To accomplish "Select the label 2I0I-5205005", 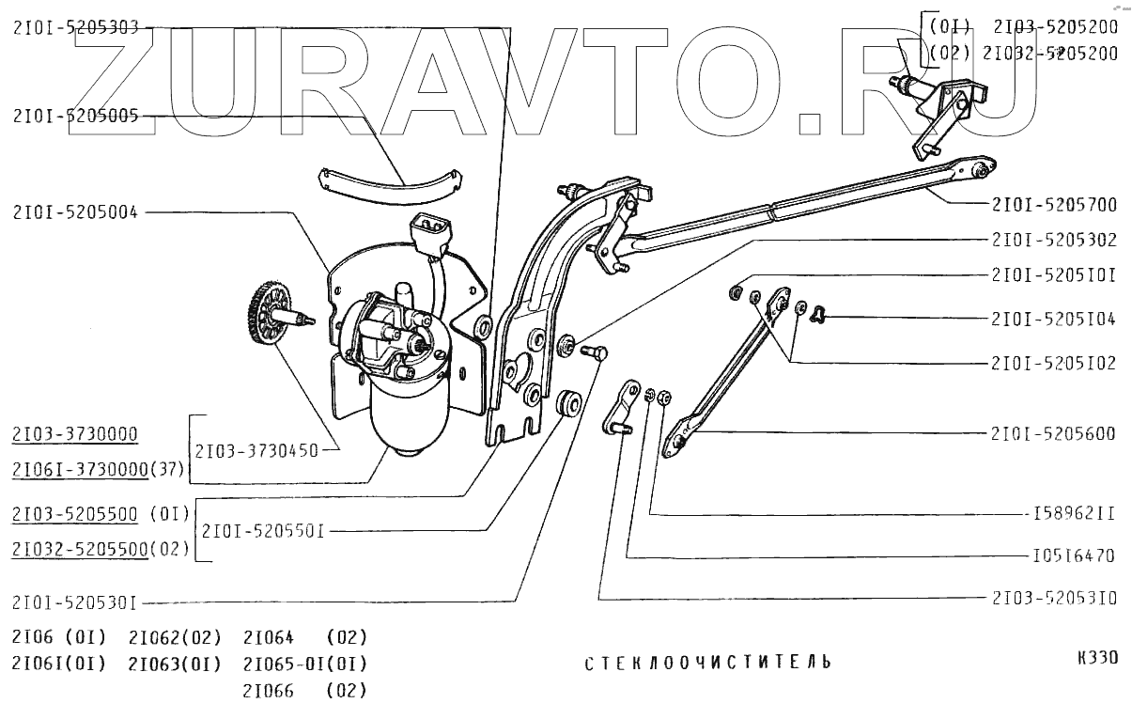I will (x=76, y=117).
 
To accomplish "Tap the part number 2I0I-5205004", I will (x=76, y=212).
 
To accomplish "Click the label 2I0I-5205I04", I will (x=1053, y=319).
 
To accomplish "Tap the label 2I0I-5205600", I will (x=1053, y=433).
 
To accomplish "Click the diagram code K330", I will (x=1098, y=658).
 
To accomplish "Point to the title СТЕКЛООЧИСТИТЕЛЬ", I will (x=707, y=663).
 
